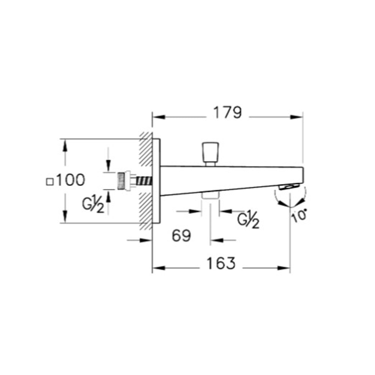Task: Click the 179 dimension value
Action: (x=228, y=112)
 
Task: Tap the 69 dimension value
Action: (x=181, y=236)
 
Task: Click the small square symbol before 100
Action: (x=49, y=182)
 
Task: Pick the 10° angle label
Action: (x=300, y=216)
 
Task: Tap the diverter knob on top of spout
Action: (x=210, y=153)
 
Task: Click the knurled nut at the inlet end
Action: (x=121, y=181)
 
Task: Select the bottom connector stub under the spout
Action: (x=210, y=196)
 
